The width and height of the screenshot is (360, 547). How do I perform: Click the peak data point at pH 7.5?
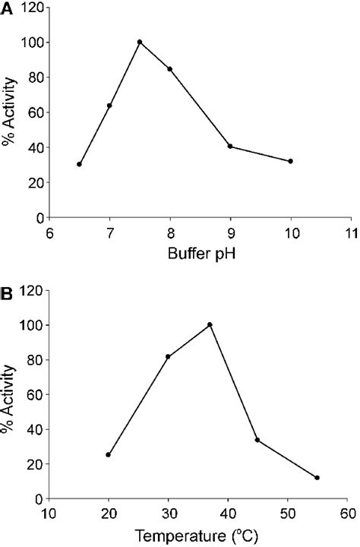(140, 42)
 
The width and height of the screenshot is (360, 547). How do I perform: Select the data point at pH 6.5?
(79, 164)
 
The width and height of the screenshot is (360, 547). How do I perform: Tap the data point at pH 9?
(230, 147)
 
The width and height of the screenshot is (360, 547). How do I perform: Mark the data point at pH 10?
(291, 161)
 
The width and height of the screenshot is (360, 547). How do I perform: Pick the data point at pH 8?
(169, 69)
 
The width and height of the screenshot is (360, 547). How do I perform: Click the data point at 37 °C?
(210, 325)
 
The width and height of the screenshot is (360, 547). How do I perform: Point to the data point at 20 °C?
(109, 455)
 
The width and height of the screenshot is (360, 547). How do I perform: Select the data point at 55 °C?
(317, 478)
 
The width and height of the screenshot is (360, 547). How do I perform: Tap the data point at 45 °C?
(257, 440)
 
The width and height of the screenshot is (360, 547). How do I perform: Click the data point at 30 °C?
(168, 356)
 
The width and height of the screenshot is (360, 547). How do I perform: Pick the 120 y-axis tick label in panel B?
(30, 290)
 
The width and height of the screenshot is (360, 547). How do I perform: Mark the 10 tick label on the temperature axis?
(49, 513)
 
